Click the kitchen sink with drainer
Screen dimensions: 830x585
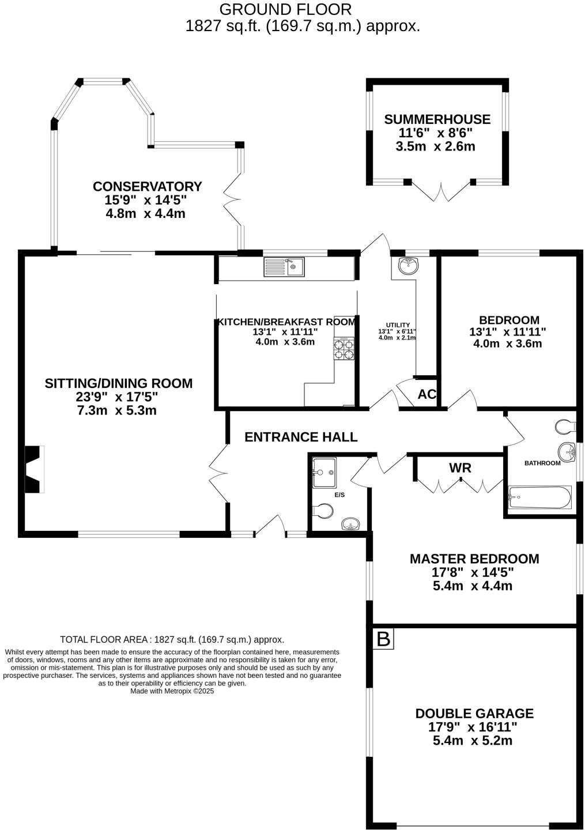[x=284, y=267]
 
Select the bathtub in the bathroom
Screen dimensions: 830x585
[x=539, y=497]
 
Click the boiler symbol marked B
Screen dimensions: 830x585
[x=383, y=639]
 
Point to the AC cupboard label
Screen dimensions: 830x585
[x=427, y=395]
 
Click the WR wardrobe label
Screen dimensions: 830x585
[x=460, y=467]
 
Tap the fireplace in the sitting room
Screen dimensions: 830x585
[x=34, y=469]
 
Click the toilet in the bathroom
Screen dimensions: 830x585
[x=565, y=427]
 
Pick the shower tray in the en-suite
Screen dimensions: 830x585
[x=324, y=473]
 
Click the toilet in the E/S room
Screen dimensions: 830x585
[x=323, y=511]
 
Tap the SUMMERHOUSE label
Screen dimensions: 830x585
[x=437, y=119]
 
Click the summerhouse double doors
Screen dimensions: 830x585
[x=441, y=191]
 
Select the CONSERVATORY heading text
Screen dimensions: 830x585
[x=147, y=187]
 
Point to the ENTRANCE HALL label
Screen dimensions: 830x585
[x=301, y=437]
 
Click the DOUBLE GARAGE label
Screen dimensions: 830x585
[x=474, y=714]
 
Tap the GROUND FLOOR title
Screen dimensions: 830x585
[x=285, y=9]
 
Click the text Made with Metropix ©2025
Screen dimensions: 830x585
[x=172, y=691]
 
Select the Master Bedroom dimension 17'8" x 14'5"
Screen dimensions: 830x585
[x=473, y=572]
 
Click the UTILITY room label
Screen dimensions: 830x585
[x=398, y=325]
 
